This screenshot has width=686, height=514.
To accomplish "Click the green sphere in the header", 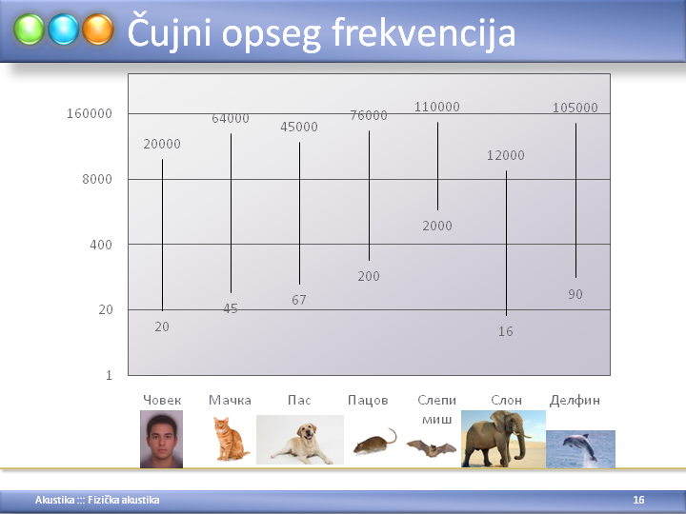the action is [x=29, y=30].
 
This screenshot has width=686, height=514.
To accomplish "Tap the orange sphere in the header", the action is [x=98, y=30].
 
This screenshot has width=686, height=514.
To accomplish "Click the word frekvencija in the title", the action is [x=423, y=33].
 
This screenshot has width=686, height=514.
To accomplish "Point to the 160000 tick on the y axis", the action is [x=90, y=113].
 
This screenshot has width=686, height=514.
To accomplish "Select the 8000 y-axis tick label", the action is [x=97, y=179].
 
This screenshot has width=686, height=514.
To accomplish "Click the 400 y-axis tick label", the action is [x=101, y=245].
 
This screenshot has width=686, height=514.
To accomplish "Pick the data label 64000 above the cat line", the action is [x=231, y=118].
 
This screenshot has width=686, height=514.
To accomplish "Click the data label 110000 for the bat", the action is [x=437, y=107].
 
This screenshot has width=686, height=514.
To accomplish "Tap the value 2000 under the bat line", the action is [x=437, y=226].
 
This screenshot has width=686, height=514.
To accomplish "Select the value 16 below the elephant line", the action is [x=505, y=332].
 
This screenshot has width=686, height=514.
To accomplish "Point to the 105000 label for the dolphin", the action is [x=575, y=108].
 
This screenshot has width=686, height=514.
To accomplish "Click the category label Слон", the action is [x=506, y=400].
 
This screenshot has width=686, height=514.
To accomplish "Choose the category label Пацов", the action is [x=368, y=401].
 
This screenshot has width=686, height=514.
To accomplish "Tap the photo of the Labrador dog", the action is [x=300, y=440].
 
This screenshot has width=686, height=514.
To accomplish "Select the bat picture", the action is [x=432, y=448].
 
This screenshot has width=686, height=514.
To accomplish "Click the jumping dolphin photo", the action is [x=580, y=449].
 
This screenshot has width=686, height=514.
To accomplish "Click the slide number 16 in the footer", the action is [x=638, y=500].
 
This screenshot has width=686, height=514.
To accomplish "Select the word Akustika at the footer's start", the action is [x=54, y=500].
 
